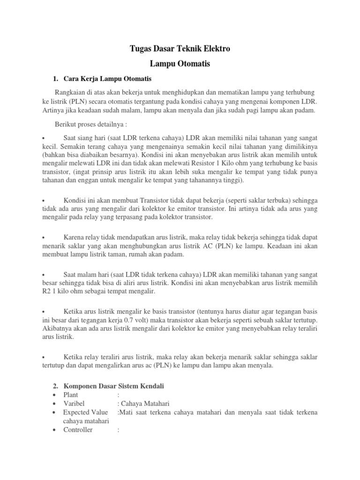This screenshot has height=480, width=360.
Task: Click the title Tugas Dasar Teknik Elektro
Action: point(180,48)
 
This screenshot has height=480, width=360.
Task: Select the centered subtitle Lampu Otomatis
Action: point(180,63)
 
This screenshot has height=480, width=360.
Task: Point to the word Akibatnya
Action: point(57,328)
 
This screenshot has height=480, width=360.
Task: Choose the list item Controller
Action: point(78,429)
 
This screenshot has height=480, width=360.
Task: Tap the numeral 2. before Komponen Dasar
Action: point(55,386)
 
